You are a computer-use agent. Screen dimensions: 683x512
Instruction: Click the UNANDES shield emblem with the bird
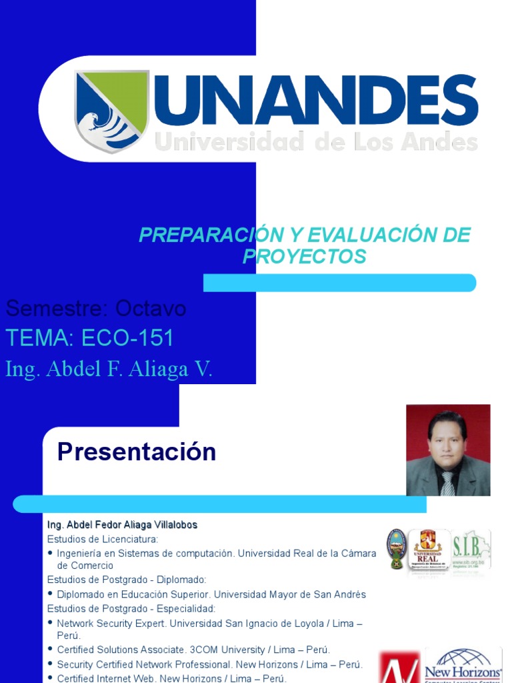click(111, 110)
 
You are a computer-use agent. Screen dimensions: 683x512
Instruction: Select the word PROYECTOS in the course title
click(304, 256)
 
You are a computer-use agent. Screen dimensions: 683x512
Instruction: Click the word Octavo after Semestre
click(151, 309)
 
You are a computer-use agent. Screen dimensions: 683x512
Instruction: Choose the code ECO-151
click(127, 338)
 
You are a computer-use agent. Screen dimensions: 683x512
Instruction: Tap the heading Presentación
click(137, 452)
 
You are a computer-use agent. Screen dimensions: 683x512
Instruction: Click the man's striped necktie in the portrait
click(447, 483)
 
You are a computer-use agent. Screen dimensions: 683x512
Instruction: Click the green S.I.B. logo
click(471, 550)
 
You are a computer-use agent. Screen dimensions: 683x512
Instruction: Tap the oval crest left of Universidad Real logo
click(397, 549)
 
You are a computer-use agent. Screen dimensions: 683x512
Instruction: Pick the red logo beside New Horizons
click(399, 667)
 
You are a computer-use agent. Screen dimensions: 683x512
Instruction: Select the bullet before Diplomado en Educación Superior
click(51, 594)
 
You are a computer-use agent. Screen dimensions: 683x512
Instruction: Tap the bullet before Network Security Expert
click(51, 623)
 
